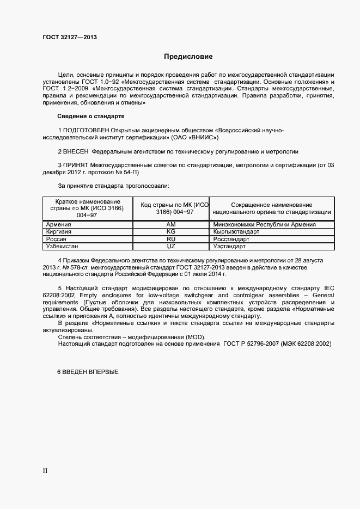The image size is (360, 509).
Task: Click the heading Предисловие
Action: pyautogui.click(x=188, y=57)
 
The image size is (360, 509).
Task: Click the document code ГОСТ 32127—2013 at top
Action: pyautogui.click(x=70, y=38)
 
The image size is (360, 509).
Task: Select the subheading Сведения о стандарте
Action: pyautogui.click(x=91, y=116)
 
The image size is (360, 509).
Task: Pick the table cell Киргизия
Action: pyautogui.click(x=59, y=231)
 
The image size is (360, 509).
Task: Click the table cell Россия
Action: pyautogui.click(x=57, y=239)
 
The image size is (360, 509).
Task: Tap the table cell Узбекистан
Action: pyautogui.click(x=63, y=247)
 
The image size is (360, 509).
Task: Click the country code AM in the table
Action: pyautogui.click(x=171, y=224)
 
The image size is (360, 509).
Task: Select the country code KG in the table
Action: pyautogui.click(x=171, y=231)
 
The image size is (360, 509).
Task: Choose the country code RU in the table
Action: pyautogui.click(x=171, y=239)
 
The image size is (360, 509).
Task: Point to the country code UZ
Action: pyautogui.click(x=171, y=247)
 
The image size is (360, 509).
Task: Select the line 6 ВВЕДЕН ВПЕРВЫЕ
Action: pyautogui.click(x=88, y=372)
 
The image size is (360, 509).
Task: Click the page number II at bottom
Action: pyautogui.click(x=45, y=470)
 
